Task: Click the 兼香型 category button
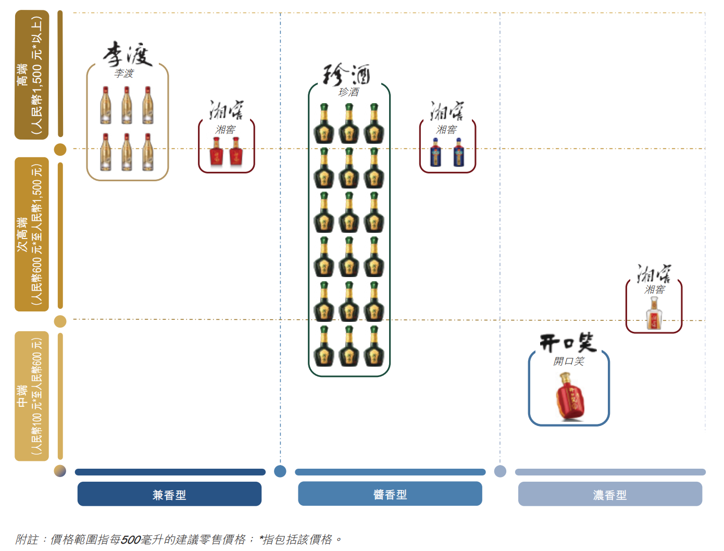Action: [x=169, y=494]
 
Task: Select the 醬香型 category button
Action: [x=390, y=494]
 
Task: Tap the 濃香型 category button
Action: [x=610, y=494]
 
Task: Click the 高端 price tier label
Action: [x=32, y=75]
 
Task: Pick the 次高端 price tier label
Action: [x=32, y=234]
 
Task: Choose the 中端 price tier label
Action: [x=32, y=396]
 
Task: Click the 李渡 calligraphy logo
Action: [x=127, y=55]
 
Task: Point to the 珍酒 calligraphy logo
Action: [x=347, y=74]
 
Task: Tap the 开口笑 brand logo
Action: [x=568, y=343]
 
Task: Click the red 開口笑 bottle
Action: [x=569, y=396]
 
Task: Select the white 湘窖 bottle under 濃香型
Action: [x=654, y=314]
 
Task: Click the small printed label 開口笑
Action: [x=569, y=361]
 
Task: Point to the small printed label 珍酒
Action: [x=348, y=92]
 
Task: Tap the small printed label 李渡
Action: [x=124, y=73]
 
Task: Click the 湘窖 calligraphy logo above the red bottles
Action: [x=227, y=110]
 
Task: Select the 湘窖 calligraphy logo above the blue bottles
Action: [x=447, y=110]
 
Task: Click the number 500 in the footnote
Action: [x=131, y=540]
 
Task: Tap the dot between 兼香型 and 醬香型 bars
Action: [x=280, y=471]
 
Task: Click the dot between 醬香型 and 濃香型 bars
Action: [x=500, y=471]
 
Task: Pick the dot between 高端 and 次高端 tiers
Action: [x=60, y=149]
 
